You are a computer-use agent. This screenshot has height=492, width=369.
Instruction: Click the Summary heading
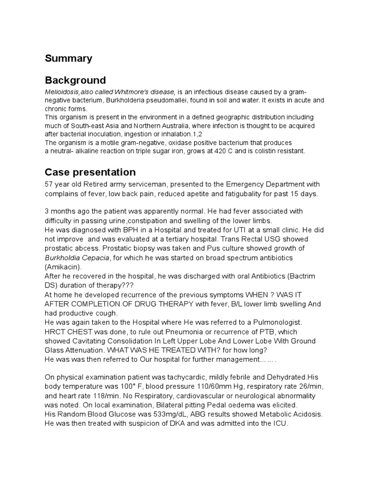tap(68, 59)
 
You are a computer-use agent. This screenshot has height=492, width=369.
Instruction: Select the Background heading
tap(75, 80)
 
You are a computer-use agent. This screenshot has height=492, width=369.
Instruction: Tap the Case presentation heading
tap(90, 172)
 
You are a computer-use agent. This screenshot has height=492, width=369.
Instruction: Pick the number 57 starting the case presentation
tap(49, 184)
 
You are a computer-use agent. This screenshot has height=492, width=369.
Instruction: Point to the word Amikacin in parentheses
tap(63, 267)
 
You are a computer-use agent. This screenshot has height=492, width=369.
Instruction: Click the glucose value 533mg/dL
tap(164, 414)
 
